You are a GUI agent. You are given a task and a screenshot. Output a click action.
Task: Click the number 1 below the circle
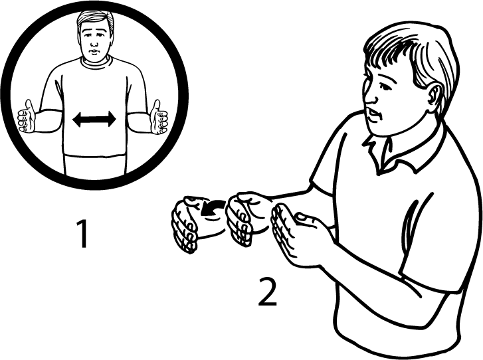click(x=82, y=233)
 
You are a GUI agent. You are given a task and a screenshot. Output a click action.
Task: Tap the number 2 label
click(x=267, y=292)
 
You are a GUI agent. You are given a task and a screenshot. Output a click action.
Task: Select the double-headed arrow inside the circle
click(x=94, y=120)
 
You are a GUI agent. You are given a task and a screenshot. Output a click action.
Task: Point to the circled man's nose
click(x=94, y=43)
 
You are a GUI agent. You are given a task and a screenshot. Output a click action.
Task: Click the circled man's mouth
click(x=94, y=51)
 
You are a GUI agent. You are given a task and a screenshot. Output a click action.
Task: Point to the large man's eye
click(x=384, y=86)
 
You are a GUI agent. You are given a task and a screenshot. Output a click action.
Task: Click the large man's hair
click(x=413, y=52)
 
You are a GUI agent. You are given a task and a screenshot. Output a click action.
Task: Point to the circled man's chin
click(x=94, y=58)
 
